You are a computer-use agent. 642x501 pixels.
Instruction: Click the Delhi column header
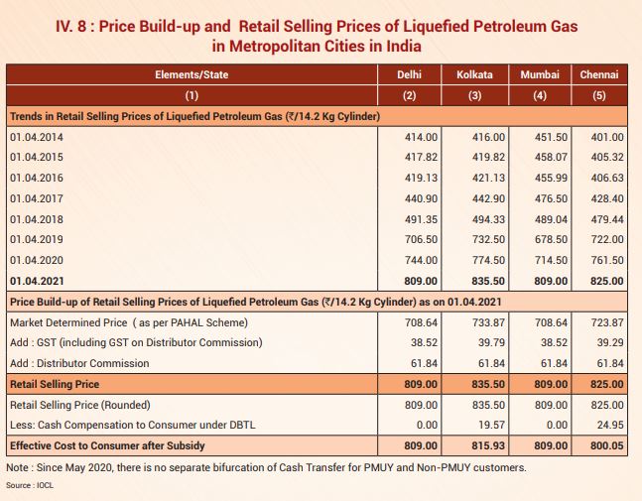409,74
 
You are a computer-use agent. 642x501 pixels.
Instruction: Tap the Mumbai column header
540,74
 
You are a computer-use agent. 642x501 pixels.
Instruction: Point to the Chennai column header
599,74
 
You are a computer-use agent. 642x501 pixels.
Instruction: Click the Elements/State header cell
192,74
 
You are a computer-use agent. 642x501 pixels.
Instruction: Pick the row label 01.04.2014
37,137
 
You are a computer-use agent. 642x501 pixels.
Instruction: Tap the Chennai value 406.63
605,178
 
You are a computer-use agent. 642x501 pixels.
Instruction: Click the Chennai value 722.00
605,239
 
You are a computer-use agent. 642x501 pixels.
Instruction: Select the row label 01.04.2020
37,260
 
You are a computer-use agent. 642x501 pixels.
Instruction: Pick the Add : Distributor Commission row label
79,363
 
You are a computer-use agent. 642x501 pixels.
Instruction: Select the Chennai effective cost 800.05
605,446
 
